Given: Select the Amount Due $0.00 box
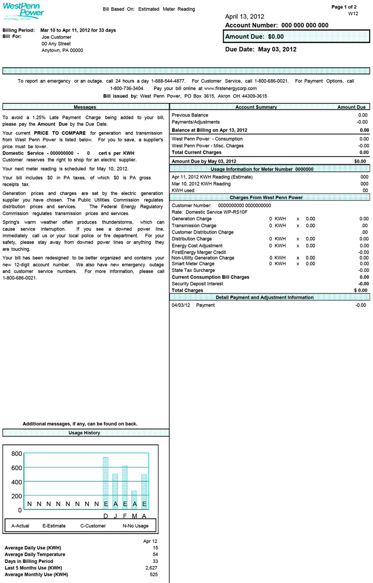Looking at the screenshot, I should pyautogui.click(x=297, y=37).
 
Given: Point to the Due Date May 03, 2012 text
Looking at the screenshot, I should pyautogui.click(x=261, y=49).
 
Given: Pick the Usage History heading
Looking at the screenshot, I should pyautogui.click(x=85, y=433).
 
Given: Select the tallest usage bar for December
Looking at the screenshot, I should pyautogui.click(x=106, y=483).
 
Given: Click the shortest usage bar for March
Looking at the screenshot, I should pyautogui.click(x=134, y=500).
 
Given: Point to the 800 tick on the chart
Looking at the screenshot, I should pyautogui.click(x=17, y=454).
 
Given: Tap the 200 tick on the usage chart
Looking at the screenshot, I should pyautogui.click(x=17, y=496).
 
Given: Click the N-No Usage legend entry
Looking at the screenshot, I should pyautogui.click(x=136, y=526).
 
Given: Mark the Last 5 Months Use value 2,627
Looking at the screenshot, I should pyautogui.click(x=150, y=567).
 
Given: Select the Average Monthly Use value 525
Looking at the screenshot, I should pyautogui.click(x=154, y=574).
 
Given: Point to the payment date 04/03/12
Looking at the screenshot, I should pyautogui.click(x=181, y=305).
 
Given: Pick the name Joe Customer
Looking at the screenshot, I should pyautogui.click(x=57, y=36).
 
